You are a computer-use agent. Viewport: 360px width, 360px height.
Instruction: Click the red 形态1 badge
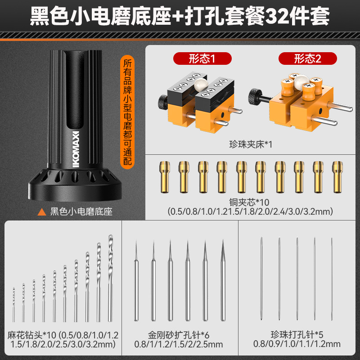click(x=202, y=58)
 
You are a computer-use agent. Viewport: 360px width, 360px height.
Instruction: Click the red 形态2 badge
click(x=308, y=58)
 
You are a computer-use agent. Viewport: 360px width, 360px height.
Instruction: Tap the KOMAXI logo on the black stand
click(x=76, y=149)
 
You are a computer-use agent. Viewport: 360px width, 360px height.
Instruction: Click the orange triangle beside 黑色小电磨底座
click(x=42, y=212)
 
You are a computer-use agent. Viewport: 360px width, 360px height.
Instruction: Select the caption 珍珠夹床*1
click(x=251, y=144)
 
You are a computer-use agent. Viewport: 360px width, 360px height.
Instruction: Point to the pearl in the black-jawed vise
click(x=201, y=84)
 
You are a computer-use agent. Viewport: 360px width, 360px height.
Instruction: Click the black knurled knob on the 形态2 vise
click(x=255, y=96)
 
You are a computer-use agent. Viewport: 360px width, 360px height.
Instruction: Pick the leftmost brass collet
click(x=165, y=177)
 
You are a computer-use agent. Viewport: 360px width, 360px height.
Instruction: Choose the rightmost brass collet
click(x=337, y=177)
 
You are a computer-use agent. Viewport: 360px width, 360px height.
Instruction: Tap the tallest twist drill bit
click(x=110, y=278)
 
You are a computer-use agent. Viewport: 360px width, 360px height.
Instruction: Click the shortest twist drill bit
click(x=14, y=305)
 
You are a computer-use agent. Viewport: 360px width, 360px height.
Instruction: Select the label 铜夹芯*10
click(x=249, y=202)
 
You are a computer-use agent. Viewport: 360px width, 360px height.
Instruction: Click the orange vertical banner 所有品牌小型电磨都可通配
click(x=127, y=112)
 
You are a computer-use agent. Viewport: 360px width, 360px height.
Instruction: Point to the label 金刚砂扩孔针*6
click(x=179, y=335)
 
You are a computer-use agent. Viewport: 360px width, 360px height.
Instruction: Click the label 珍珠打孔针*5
click(x=297, y=335)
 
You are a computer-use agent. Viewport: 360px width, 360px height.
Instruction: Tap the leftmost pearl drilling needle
click(x=261, y=279)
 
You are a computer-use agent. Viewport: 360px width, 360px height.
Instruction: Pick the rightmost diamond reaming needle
click(x=223, y=280)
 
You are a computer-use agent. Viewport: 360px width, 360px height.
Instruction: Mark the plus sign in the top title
click(x=177, y=17)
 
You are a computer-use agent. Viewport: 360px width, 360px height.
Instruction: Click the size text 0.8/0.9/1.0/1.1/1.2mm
click(x=297, y=344)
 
